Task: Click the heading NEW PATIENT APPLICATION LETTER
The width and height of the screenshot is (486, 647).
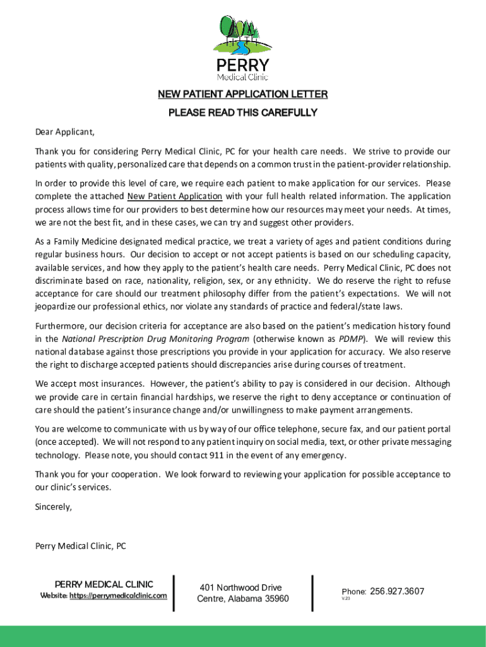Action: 243,95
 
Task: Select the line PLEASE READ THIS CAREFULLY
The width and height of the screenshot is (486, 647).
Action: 243,113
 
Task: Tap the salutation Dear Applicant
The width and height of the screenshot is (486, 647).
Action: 64,132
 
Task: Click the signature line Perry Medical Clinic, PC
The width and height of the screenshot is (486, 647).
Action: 81,547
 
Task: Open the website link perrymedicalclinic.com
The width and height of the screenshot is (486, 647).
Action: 118,596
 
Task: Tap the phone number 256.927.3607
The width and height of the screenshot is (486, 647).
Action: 397,591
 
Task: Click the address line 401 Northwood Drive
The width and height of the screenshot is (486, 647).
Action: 240,588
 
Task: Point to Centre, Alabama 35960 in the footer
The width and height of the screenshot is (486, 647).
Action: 243,599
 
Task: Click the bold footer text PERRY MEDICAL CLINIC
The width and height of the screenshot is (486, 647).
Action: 104,584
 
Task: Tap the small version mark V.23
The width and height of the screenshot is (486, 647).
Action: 346,599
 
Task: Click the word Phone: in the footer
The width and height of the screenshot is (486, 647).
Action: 354,592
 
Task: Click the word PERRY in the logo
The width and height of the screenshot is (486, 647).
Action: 243,66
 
